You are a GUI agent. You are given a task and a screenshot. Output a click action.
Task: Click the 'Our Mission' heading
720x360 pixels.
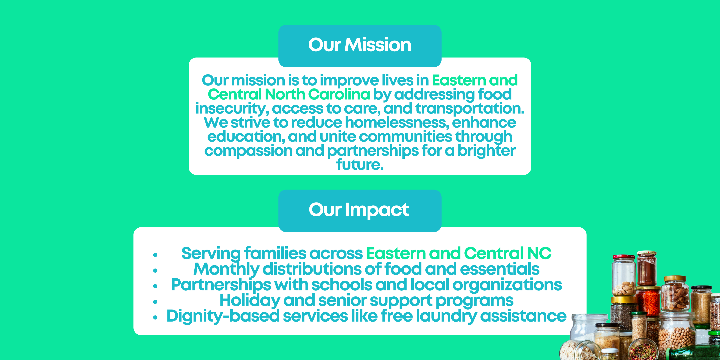click(360, 45)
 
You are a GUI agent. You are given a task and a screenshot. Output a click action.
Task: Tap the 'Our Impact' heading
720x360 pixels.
click(359, 210)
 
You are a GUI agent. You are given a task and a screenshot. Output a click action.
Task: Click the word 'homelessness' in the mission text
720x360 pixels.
click(397, 122)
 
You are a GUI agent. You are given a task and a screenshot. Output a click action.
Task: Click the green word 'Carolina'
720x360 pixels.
click(339, 94)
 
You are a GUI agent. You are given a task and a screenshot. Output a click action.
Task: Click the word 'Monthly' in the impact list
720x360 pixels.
click(226, 269)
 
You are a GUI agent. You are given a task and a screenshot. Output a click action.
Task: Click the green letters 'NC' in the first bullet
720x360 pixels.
click(539, 253)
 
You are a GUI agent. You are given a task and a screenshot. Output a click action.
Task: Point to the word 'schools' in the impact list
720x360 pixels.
click(342, 285)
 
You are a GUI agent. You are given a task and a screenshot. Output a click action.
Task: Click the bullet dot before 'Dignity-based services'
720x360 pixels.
click(155, 317)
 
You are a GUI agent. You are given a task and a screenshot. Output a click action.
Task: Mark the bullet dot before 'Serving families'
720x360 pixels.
click(155, 255)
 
